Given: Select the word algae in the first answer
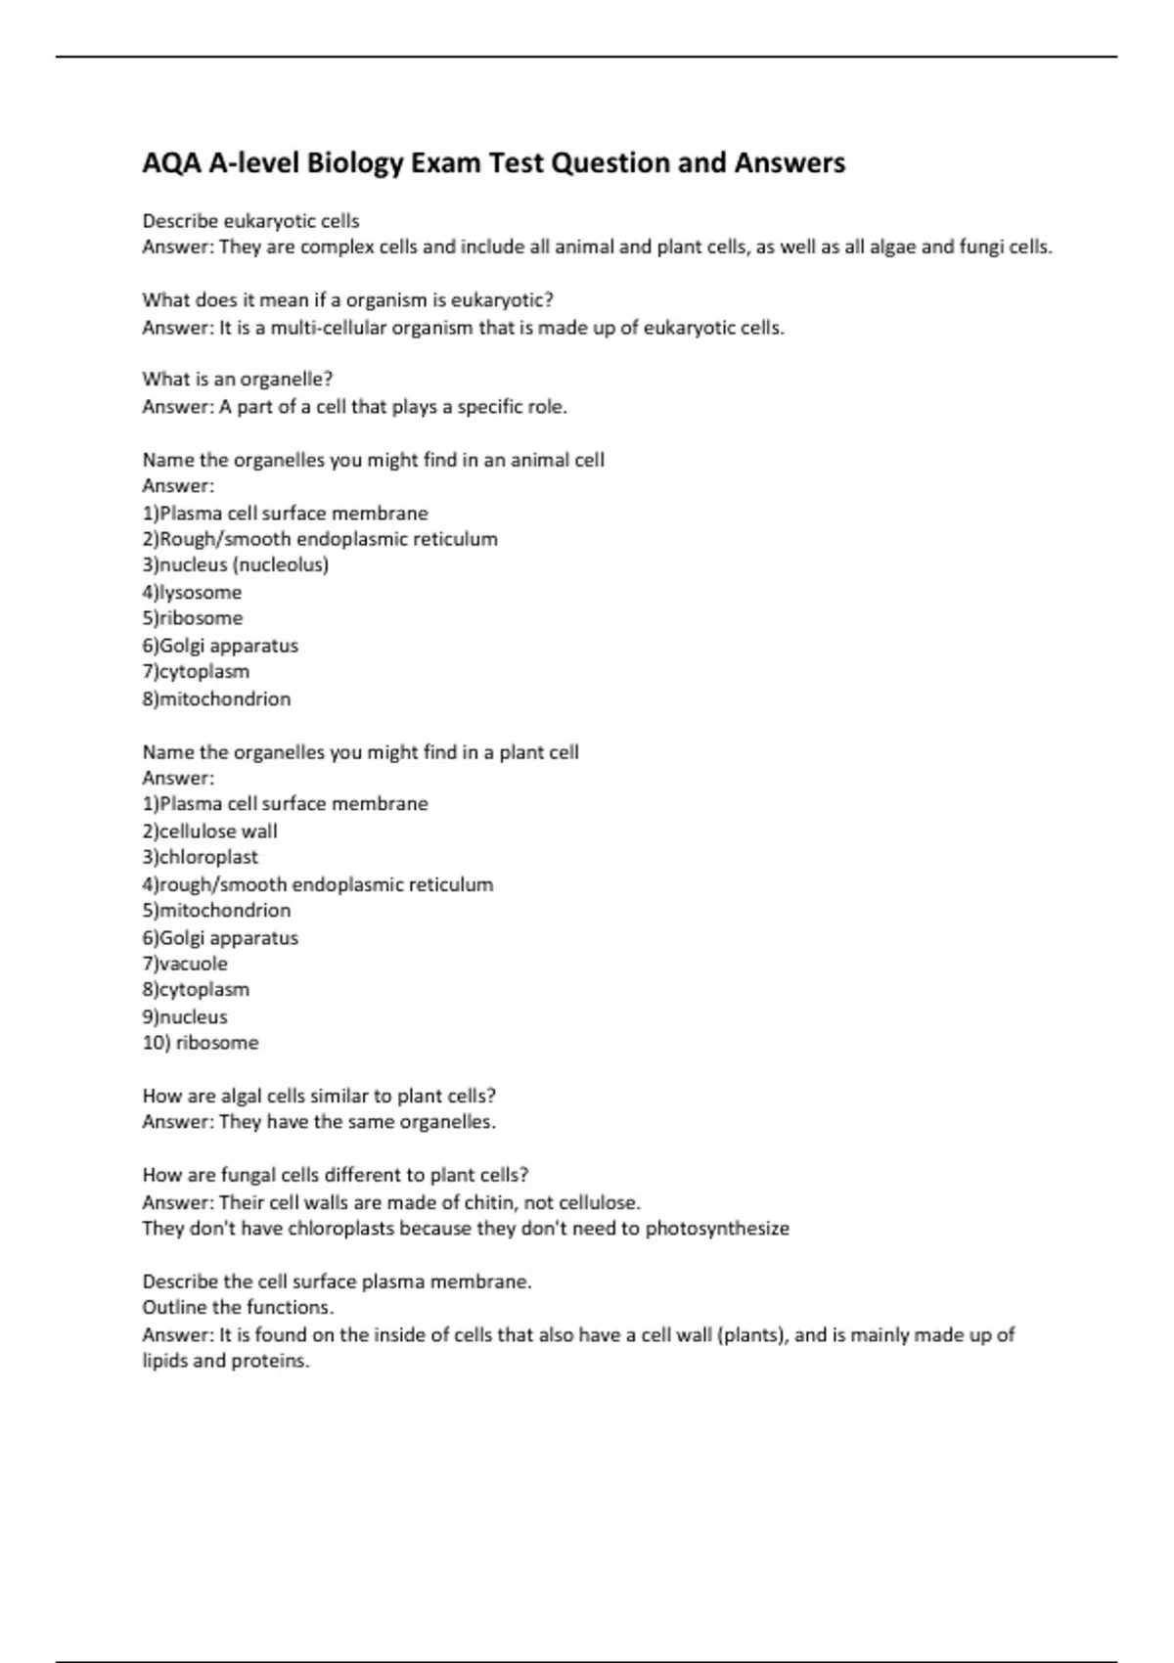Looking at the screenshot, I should (892, 247).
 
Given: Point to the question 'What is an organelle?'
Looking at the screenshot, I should (238, 380).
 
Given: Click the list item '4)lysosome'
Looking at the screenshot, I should (192, 592).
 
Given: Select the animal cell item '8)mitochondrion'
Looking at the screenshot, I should (216, 698).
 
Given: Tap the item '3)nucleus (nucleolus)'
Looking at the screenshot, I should (235, 564).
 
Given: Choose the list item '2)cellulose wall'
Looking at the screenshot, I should (209, 831).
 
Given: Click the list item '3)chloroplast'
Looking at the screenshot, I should (200, 857).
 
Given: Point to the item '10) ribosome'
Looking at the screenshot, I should (201, 1043).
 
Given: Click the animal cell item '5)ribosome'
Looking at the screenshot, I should (192, 618).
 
